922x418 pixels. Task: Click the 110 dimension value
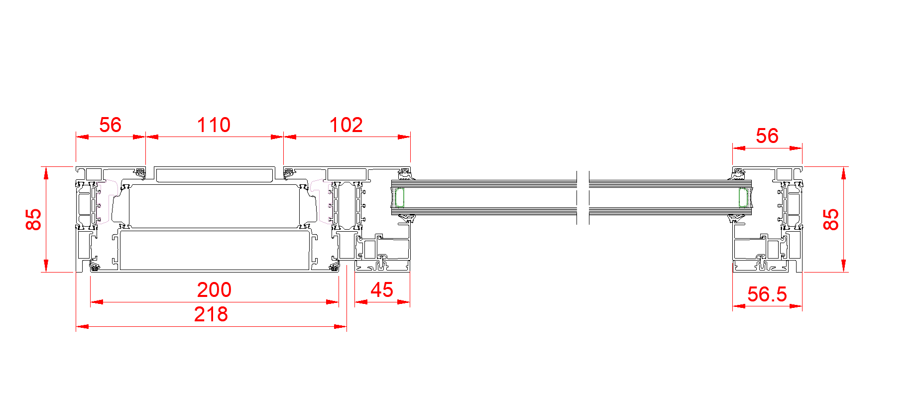point(214,125)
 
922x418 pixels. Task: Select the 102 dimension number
point(346,125)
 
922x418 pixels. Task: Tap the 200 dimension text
point(214,289)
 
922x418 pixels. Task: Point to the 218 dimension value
point(211,314)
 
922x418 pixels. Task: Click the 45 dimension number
point(382,289)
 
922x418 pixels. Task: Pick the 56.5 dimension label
point(767,294)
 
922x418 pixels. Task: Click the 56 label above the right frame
point(767,136)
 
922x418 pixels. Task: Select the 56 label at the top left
point(110,125)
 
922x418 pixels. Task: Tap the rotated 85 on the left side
point(33,219)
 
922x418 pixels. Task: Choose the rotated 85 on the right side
point(831,219)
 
